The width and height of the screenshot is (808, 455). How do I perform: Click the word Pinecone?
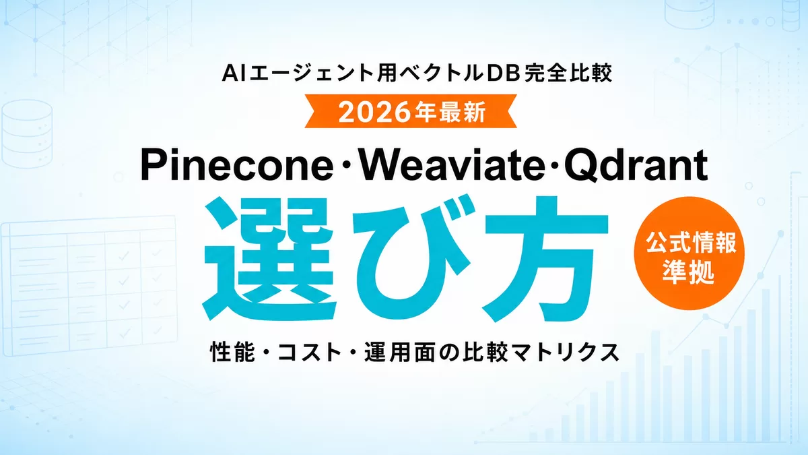click(x=237, y=165)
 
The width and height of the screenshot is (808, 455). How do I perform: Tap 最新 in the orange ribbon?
click(x=463, y=112)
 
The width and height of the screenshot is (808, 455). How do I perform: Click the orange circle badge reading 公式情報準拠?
click(x=689, y=253)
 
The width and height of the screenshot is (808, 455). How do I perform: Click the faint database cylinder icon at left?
click(x=26, y=133)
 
